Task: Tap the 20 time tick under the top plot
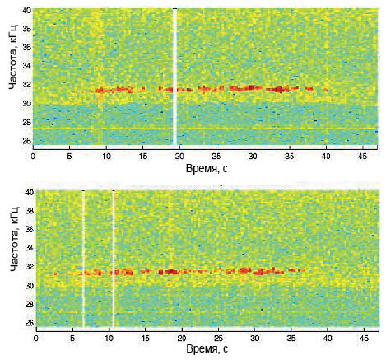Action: pyautogui.click(x=179, y=157)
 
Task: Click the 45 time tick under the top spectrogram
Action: pyautogui.click(x=363, y=157)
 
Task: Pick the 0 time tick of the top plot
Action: pyautogui.click(x=33, y=157)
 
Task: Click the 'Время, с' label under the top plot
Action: pyautogui.click(x=207, y=168)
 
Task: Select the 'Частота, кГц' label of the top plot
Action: pyautogui.click(x=13, y=57)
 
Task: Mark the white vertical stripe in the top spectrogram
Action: pyautogui.click(x=174, y=77)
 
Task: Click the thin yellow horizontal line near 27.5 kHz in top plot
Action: pyautogui.click(x=206, y=129)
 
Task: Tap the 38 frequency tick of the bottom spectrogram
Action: pyautogui.click(x=30, y=211)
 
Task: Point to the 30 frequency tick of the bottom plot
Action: pyautogui.click(x=30, y=286)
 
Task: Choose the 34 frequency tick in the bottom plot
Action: pyautogui.click(x=30, y=248)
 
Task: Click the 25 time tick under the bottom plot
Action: pyautogui.click(x=218, y=338)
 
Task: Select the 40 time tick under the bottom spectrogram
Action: pyautogui.click(x=328, y=338)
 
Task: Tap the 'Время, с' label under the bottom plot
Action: pyautogui.click(x=207, y=349)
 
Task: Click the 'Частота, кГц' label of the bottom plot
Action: pyautogui.click(x=15, y=239)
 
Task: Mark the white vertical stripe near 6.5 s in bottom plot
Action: pyautogui.click(x=84, y=259)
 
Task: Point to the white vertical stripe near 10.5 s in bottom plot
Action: pyautogui.click(x=114, y=259)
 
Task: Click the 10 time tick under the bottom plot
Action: pyautogui.click(x=109, y=338)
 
